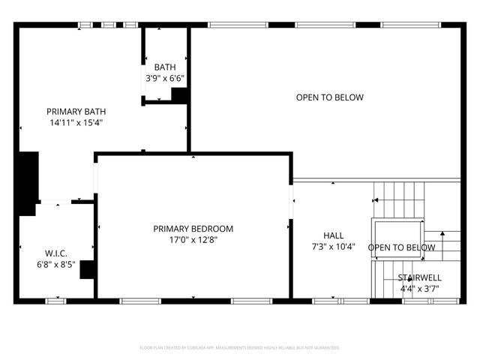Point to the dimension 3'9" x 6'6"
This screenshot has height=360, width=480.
tap(165, 77)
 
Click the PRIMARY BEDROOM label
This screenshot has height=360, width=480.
tap(193, 229)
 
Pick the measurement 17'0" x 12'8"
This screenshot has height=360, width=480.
tap(193, 240)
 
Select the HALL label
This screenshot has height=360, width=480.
tap(334, 235)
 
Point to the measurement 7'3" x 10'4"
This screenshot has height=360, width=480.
tap(334, 246)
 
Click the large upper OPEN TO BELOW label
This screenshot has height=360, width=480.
tap(329, 97)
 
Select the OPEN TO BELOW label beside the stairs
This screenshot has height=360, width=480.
tap(401, 247)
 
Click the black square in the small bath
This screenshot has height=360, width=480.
tap(180, 95)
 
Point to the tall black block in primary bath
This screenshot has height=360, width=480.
tap(28, 178)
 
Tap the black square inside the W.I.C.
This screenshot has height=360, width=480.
tap(88, 269)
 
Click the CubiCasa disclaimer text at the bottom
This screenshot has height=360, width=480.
tap(240, 348)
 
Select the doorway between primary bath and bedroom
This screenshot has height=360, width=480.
tap(95, 178)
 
